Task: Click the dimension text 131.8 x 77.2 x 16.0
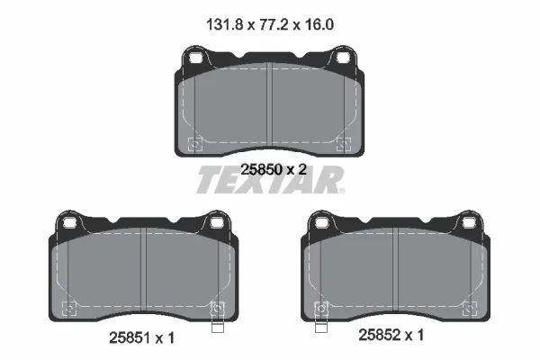[x=270, y=26]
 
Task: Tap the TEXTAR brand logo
[x=270, y=180]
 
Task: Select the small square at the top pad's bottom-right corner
[x=342, y=142]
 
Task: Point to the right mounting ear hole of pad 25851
[x=216, y=222]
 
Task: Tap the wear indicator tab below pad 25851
[x=216, y=325]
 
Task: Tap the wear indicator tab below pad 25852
[x=317, y=325]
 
